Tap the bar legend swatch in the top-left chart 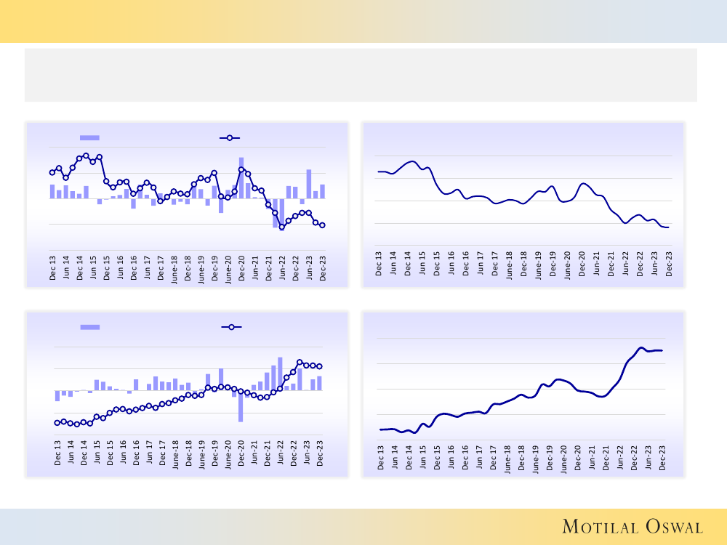pos(89,137)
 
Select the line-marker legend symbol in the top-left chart pos(230,137)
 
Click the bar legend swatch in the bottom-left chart pos(89,327)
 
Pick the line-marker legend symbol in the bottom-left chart pos(230,327)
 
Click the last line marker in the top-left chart pos(322,225)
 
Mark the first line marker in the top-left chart pos(52,172)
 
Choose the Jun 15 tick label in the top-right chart pos(422,264)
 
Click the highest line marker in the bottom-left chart pos(300,362)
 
